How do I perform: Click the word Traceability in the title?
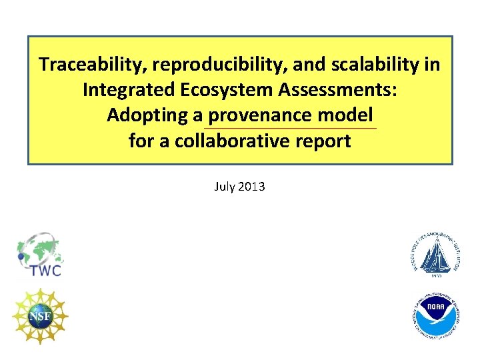93,65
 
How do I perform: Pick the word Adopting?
147,115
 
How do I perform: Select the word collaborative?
227,141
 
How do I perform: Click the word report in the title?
319,141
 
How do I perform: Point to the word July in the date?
225,187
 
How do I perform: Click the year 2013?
251,187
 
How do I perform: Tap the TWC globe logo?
39,249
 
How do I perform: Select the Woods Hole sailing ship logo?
435,251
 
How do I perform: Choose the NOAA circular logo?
434,317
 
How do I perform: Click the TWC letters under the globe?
45,270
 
